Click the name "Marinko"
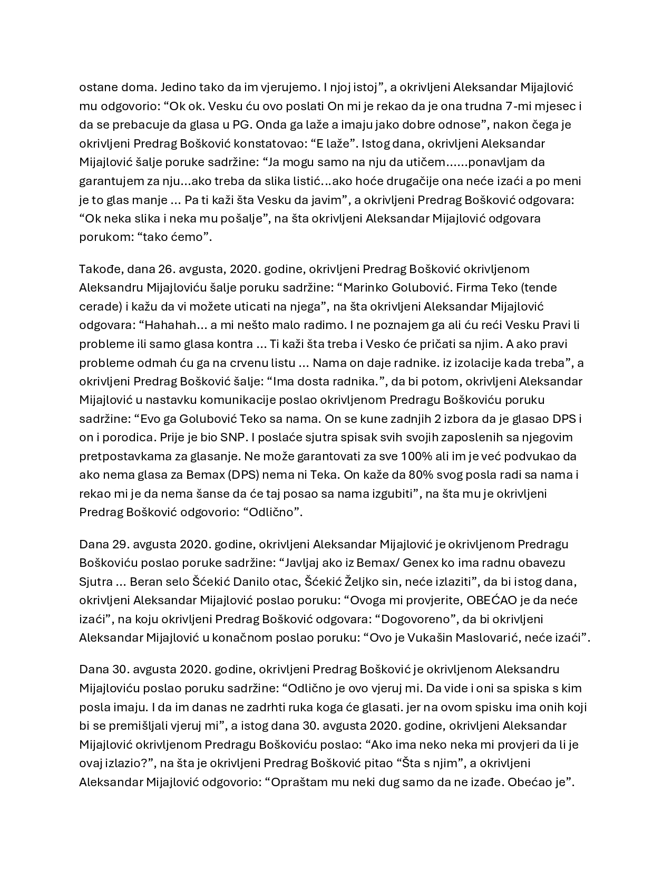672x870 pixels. [x=363, y=288]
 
